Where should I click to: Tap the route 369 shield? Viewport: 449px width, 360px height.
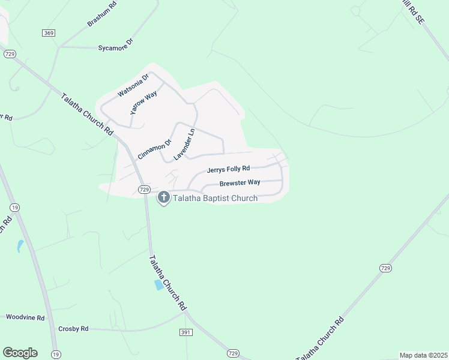coord(49,32)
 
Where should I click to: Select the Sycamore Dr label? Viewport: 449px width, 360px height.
coord(115,47)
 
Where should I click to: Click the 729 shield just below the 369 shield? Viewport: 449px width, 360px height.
coord(9,54)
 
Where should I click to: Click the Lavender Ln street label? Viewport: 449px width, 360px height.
coord(184,144)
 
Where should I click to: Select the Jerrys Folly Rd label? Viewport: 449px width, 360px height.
coord(228,169)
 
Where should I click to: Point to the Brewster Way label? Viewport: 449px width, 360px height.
coord(240,182)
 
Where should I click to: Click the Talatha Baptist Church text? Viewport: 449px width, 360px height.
coord(215,198)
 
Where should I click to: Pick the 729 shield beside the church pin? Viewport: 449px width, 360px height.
coord(143,190)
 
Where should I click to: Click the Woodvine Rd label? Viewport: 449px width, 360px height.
coord(25,317)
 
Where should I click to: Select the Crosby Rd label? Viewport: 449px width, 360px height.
coord(73,329)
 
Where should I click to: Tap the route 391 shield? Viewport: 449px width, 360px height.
coord(185,332)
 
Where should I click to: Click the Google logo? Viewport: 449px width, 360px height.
coord(20,353)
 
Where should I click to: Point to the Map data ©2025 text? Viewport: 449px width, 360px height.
coord(423,355)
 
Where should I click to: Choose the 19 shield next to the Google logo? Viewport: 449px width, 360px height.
coord(55,354)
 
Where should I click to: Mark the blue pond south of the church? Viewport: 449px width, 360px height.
coord(159,285)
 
